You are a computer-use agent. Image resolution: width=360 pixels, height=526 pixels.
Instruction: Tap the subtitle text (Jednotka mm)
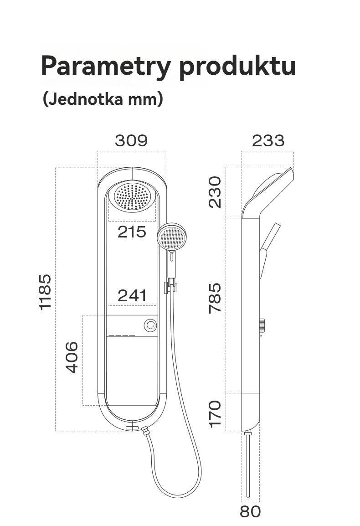pos(103,99)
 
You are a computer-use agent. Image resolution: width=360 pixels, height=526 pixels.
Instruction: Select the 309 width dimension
pos(131,141)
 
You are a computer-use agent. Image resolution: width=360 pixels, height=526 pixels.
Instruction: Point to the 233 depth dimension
pos(268,141)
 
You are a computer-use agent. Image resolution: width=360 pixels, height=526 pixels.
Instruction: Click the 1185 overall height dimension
pos(46,292)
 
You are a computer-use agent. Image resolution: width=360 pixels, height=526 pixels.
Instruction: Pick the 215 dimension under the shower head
pos(132,232)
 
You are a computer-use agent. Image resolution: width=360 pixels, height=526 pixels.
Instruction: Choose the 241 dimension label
pos(132,296)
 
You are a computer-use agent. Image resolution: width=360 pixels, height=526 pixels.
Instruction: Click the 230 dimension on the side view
pos(216,192)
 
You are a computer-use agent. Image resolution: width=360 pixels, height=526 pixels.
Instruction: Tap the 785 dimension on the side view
pos(216,298)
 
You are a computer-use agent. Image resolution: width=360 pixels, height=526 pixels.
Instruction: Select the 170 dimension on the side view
pos(216,413)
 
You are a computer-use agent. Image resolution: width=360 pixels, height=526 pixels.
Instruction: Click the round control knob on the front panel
pos(150,325)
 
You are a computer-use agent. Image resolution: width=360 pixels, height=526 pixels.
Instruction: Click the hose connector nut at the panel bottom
pos(145,430)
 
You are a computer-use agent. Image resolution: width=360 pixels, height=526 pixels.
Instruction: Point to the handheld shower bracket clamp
pos(170,287)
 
